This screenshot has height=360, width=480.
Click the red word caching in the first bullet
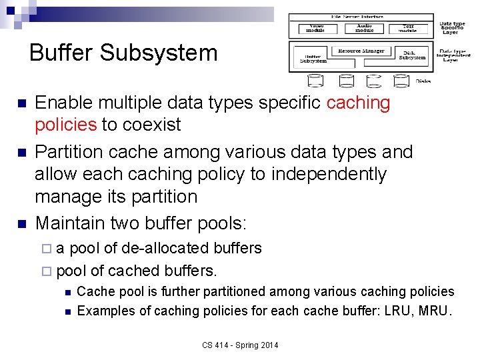tap(359, 103)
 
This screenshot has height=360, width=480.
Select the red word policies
tap(65, 125)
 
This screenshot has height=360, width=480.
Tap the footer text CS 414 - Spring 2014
tap(241, 345)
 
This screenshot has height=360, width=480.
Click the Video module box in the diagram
tap(315, 29)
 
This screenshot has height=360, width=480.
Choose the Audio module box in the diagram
tap(365, 29)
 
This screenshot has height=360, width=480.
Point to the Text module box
tap(408, 29)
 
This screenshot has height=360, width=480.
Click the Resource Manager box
tap(362, 51)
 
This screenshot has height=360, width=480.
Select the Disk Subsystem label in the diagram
tap(412, 56)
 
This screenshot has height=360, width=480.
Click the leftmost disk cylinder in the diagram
tap(316, 81)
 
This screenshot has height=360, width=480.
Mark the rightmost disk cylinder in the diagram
tap(401, 81)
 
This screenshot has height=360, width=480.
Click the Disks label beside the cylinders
tap(423, 81)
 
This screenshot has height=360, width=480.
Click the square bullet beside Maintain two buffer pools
tap(21, 221)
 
